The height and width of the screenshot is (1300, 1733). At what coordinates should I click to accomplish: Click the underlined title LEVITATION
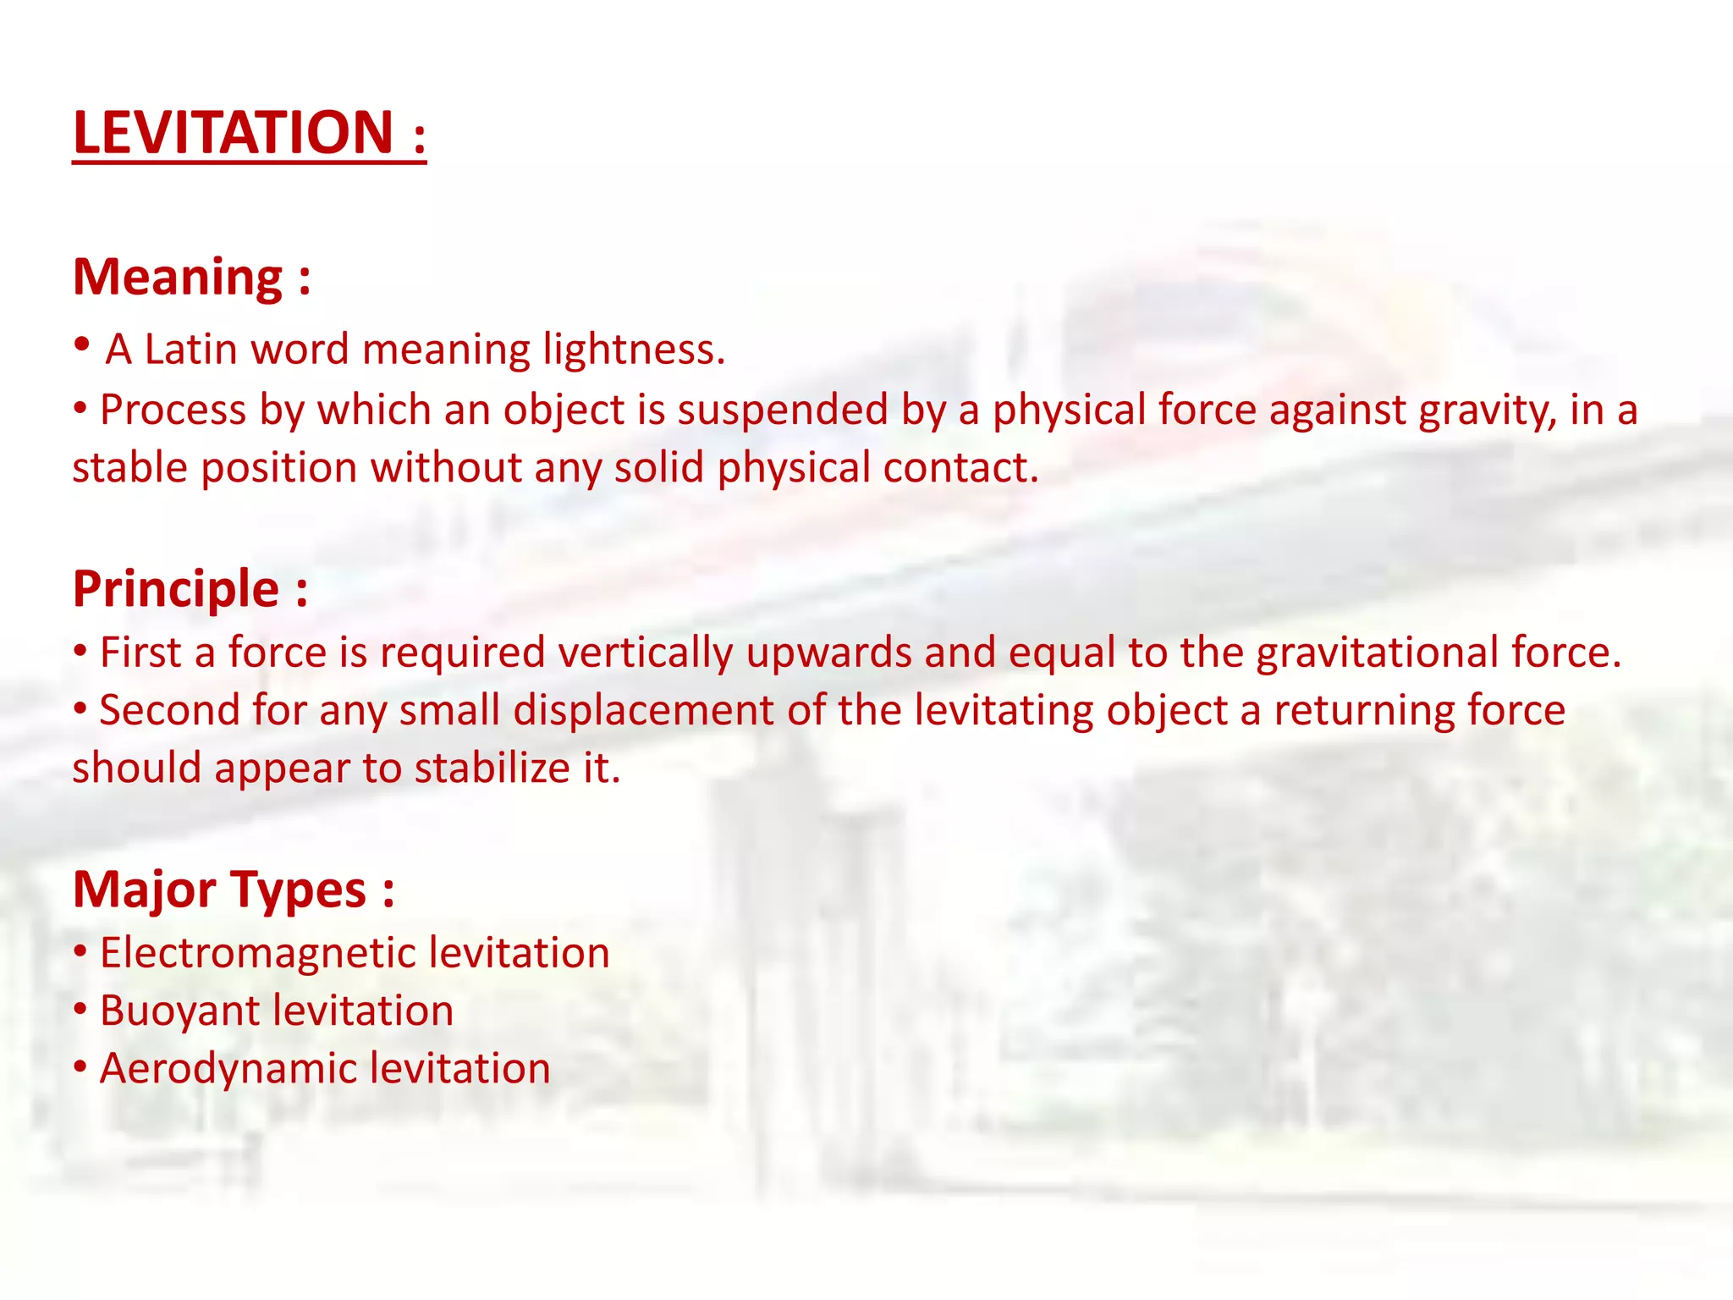[233, 133]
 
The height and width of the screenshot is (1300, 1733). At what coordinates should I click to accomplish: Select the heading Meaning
[178, 277]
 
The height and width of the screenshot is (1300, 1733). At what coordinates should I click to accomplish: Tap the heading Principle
[176, 589]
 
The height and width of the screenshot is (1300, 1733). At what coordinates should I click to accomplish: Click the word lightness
[633, 350]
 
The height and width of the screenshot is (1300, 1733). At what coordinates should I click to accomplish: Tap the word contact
[960, 468]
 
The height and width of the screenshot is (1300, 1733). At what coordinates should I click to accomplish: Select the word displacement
[643, 711]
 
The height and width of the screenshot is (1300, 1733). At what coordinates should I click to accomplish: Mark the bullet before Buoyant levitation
[80, 1009]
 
